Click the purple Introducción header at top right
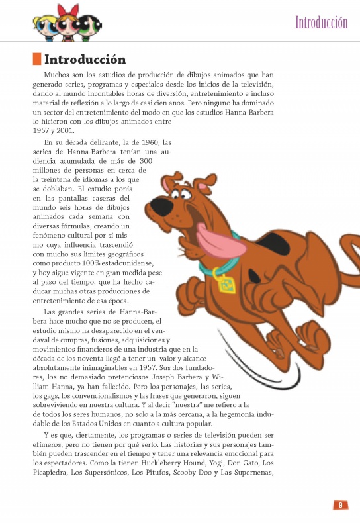coord(321,23)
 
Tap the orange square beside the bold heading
coord(37,60)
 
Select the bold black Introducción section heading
coord(85,60)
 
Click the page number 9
coord(339,505)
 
